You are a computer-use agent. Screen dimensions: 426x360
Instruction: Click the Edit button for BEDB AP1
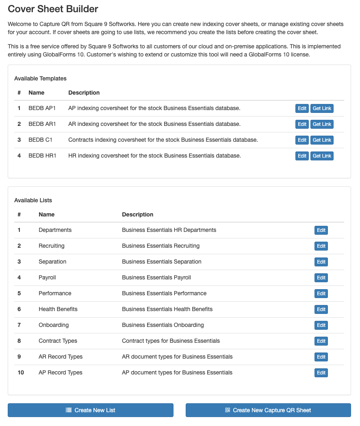coord(302,108)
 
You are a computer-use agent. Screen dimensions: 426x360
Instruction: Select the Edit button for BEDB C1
coord(302,140)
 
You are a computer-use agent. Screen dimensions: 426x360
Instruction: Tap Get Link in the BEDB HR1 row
coord(322,156)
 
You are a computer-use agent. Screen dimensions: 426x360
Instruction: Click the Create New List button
coord(91,410)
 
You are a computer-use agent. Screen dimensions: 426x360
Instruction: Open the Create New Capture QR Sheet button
coord(268,410)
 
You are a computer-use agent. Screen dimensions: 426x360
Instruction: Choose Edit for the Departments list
coord(321,230)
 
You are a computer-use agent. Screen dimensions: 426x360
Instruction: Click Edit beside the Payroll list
coord(321,278)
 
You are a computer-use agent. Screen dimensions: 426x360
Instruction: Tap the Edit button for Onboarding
coord(321,325)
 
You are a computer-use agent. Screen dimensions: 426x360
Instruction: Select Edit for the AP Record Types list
coord(321,373)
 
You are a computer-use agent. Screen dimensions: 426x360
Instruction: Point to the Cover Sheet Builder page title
coord(53,9)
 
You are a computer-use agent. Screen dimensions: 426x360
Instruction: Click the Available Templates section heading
coord(40,78)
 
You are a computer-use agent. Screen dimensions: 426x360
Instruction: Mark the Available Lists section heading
coord(33,200)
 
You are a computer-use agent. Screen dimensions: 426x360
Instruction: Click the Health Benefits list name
coord(58,309)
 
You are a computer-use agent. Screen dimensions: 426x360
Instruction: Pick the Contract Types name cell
coord(58,341)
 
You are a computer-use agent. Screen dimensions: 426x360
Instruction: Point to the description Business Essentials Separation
coord(162,262)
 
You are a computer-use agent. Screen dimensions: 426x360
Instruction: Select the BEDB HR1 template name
coord(42,156)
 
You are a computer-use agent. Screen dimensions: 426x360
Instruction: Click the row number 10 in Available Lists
coord(21,372)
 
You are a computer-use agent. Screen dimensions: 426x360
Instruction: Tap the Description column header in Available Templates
coord(84,93)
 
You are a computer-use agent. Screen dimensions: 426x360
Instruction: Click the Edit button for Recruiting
coord(321,246)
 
